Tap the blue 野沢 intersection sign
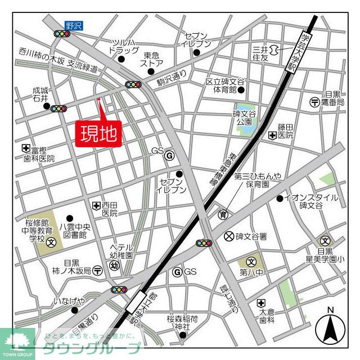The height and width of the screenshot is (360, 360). (73, 25)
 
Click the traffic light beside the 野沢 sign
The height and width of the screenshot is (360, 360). (62, 34)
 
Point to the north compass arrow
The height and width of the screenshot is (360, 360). (330, 327)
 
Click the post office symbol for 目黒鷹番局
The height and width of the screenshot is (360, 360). (314, 102)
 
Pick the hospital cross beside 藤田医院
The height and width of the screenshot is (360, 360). (272, 135)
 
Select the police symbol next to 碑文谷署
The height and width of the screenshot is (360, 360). (228, 235)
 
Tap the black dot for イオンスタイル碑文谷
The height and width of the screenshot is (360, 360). (280, 198)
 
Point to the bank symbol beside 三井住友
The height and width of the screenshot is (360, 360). (274, 51)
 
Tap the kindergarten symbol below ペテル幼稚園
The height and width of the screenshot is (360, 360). (114, 265)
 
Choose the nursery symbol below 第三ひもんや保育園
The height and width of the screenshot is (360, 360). (224, 214)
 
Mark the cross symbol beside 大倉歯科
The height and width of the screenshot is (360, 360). (260, 303)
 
